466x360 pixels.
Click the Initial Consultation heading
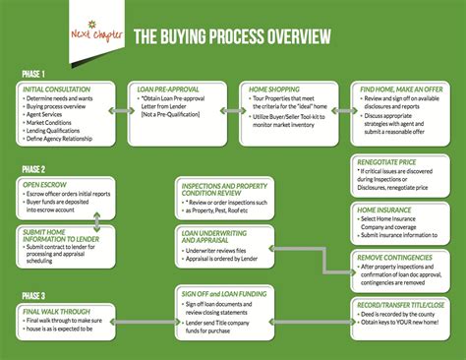click(x=58, y=90)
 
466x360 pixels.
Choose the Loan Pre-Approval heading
click(x=170, y=90)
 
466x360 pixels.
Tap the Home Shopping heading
click(x=274, y=90)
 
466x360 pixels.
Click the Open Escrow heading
click(x=44, y=183)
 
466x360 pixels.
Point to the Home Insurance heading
click(x=383, y=210)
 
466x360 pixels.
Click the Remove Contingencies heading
click(x=392, y=257)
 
